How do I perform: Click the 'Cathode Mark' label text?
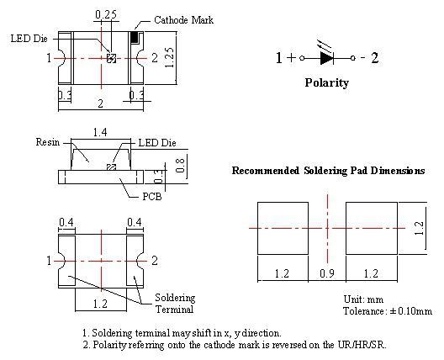[x=183, y=20]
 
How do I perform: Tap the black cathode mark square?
[x=135, y=37]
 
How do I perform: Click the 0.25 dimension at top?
[x=106, y=14]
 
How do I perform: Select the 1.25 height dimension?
[x=169, y=57]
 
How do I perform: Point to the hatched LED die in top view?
[x=111, y=58]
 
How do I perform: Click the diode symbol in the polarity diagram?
[x=327, y=58]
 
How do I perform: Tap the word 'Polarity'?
[x=327, y=82]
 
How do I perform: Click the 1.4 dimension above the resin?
[x=100, y=132]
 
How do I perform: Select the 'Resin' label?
[x=48, y=142]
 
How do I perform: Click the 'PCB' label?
[x=151, y=197]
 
